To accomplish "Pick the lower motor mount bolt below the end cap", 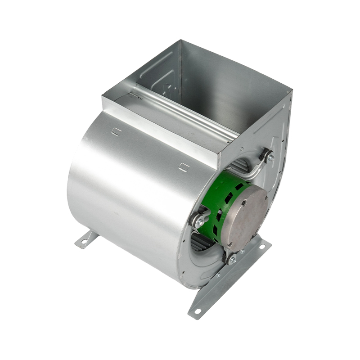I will [232, 259].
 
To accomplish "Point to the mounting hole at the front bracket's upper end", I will [263, 245].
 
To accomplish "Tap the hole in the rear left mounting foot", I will [82, 243].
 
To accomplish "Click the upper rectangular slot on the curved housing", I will [116, 131].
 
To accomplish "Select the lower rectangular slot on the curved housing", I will [183, 167].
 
